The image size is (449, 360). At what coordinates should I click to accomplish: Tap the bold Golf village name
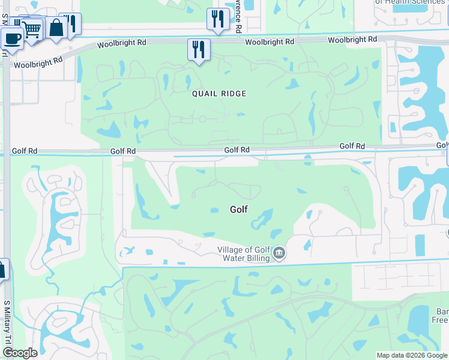tap(239, 209)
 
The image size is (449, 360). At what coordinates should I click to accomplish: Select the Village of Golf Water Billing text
tap(245, 254)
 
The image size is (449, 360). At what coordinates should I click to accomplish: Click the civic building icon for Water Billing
tap(279, 254)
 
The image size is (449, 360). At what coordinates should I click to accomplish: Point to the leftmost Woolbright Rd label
tap(38, 62)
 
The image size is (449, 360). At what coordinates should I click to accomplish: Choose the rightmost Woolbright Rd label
tap(352, 40)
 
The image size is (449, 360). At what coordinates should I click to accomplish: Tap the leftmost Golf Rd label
tap(122, 152)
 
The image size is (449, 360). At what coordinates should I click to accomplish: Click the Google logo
tap(20, 353)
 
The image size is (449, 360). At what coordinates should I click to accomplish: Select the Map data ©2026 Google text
tap(411, 355)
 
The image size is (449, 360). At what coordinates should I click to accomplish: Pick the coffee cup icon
tap(11, 38)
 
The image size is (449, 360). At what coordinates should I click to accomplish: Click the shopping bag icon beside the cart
tap(56, 27)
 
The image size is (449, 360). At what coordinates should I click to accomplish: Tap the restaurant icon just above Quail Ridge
tap(199, 49)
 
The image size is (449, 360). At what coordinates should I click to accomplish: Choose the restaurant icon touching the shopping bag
tap(71, 24)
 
